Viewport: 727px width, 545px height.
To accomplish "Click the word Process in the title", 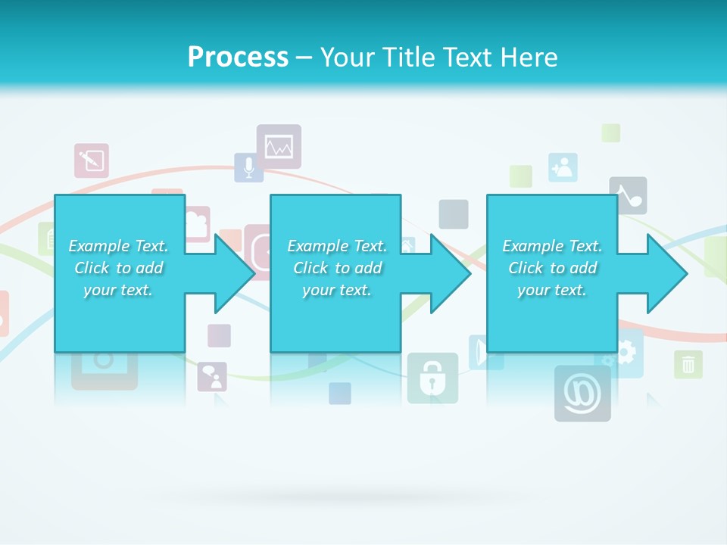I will point(238,58).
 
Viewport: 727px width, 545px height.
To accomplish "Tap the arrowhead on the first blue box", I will point(235,273).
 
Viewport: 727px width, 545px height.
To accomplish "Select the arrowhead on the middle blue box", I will point(451,273).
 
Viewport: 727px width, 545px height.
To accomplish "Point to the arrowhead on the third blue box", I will point(666,273).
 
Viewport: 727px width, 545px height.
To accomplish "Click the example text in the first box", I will point(119,268).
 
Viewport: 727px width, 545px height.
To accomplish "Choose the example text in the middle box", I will point(337,268).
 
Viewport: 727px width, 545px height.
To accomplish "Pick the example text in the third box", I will point(552,268).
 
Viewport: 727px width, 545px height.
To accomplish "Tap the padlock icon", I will point(432,378).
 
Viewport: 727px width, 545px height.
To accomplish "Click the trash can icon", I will point(688,364).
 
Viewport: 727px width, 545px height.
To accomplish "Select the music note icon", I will point(629,196).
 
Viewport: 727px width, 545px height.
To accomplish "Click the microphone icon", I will point(248,167).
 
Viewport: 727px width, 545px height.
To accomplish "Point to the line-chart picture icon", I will point(279,146).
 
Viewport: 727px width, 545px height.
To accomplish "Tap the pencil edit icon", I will point(92,160).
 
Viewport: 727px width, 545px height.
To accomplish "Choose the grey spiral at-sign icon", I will point(582,394).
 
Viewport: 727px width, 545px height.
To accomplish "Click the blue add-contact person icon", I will point(563,167).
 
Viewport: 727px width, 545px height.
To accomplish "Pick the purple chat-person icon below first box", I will point(212,376).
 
